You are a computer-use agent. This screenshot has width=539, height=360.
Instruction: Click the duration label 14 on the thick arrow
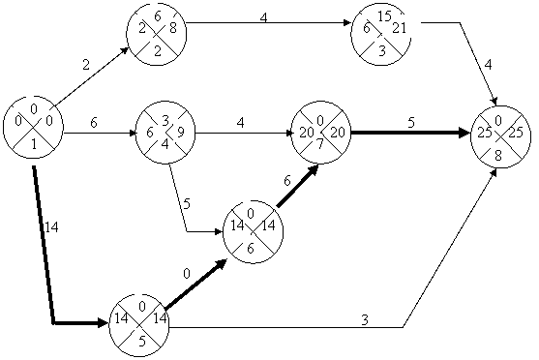[x=51, y=227]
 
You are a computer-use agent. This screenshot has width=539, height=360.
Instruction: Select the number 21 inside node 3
[x=400, y=28]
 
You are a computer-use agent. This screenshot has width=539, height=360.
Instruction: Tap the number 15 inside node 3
[x=384, y=16]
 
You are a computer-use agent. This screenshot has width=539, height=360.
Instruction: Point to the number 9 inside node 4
[x=181, y=133]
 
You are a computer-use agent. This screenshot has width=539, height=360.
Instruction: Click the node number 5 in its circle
[x=142, y=342]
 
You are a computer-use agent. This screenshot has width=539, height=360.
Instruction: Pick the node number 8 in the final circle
[x=498, y=156]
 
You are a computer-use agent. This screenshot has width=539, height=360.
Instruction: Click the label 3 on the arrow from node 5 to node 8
[x=365, y=320]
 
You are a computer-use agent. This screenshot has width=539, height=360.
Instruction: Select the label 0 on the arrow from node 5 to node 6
[x=187, y=274]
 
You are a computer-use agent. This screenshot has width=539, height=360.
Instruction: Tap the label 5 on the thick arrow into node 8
[x=411, y=122]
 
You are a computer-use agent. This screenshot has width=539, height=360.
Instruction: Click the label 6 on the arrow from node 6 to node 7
[x=287, y=181]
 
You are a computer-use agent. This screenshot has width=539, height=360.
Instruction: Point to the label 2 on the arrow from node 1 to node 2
[x=86, y=65]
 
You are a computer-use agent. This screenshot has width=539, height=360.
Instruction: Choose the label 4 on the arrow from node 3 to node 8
[x=488, y=65]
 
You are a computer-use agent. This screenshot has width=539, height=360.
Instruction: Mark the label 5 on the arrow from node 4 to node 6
[x=187, y=204]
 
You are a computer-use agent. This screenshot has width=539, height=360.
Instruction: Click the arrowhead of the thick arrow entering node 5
[x=104, y=323]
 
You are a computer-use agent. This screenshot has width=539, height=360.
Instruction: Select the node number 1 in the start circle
[x=34, y=145]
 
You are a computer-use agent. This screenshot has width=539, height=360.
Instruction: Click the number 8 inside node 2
[x=173, y=28]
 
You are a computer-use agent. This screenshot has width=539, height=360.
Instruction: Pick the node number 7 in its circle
[x=320, y=144]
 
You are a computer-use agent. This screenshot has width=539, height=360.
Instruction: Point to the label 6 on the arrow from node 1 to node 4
[x=94, y=122]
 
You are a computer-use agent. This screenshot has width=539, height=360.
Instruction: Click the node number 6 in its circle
[x=251, y=249]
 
